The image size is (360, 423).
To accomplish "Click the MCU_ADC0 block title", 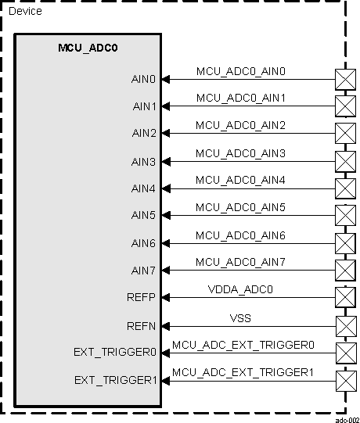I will coord(88,48).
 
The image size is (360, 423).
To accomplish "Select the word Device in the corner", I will coord(25,12).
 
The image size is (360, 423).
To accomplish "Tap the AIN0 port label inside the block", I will coord(144,79).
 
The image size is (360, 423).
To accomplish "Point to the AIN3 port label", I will coord(144,162).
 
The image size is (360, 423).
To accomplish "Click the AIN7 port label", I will coord(144,271).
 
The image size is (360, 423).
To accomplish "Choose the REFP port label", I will coord(143,298).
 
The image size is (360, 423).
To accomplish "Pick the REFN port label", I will coord(143,325).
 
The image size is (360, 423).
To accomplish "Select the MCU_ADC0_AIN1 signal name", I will coord(241,99).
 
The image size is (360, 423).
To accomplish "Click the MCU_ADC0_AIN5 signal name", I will coord(241,207).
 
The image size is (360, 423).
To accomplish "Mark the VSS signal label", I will coord(241,317).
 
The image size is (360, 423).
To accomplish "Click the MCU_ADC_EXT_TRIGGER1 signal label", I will coord(243,372).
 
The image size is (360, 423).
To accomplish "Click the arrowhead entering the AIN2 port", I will coord(166,134).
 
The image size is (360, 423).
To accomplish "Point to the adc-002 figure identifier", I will coord(347,419).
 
